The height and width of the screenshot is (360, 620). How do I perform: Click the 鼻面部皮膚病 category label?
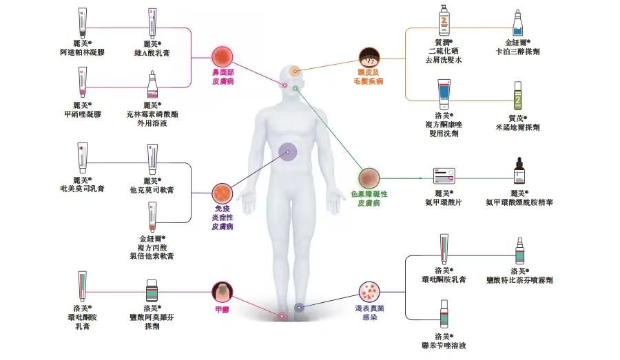click(x=223, y=76)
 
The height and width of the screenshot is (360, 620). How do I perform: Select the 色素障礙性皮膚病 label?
click(x=369, y=198)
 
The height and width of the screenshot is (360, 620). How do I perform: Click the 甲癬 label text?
click(x=223, y=310)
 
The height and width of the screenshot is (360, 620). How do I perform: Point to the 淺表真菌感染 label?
click(x=369, y=313)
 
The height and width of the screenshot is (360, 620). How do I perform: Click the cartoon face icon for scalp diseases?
click(x=369, y=58)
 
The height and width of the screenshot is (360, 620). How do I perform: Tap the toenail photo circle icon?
click(x=223, y=293)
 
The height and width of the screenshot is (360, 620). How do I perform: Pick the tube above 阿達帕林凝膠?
click(x=82, y=23)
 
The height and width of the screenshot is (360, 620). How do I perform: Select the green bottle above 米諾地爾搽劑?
click(x=517, y=96)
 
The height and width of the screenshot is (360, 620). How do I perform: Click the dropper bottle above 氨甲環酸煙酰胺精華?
click(x=519, y=171)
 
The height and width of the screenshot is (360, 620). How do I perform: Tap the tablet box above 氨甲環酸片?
click(x=444, y=176)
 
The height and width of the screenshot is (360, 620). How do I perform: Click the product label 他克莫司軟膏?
click(x=152, y=190)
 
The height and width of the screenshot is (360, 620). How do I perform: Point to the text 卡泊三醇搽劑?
click(x=517, y=52)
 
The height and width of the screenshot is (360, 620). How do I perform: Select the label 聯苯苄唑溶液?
click(x=444, y=346)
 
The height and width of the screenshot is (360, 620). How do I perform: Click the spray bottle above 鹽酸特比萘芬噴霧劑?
click(x=519, y=251)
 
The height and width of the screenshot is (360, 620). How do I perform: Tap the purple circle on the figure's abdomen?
click(x=287, y=152)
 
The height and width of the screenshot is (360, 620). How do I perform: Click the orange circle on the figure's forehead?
click(x=294, y=72)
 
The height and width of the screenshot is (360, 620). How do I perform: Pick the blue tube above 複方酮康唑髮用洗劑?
click(x=444, y=94)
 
